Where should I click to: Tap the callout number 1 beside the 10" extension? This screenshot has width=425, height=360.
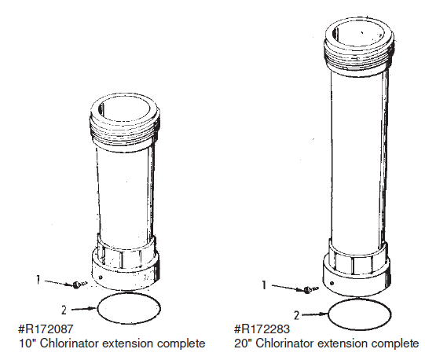click(38, 278)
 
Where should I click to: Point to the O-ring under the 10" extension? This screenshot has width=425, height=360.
click(130, 309)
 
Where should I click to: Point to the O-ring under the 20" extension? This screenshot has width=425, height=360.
click(359, 314)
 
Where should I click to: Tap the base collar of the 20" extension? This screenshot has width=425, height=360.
click(359, 271)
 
